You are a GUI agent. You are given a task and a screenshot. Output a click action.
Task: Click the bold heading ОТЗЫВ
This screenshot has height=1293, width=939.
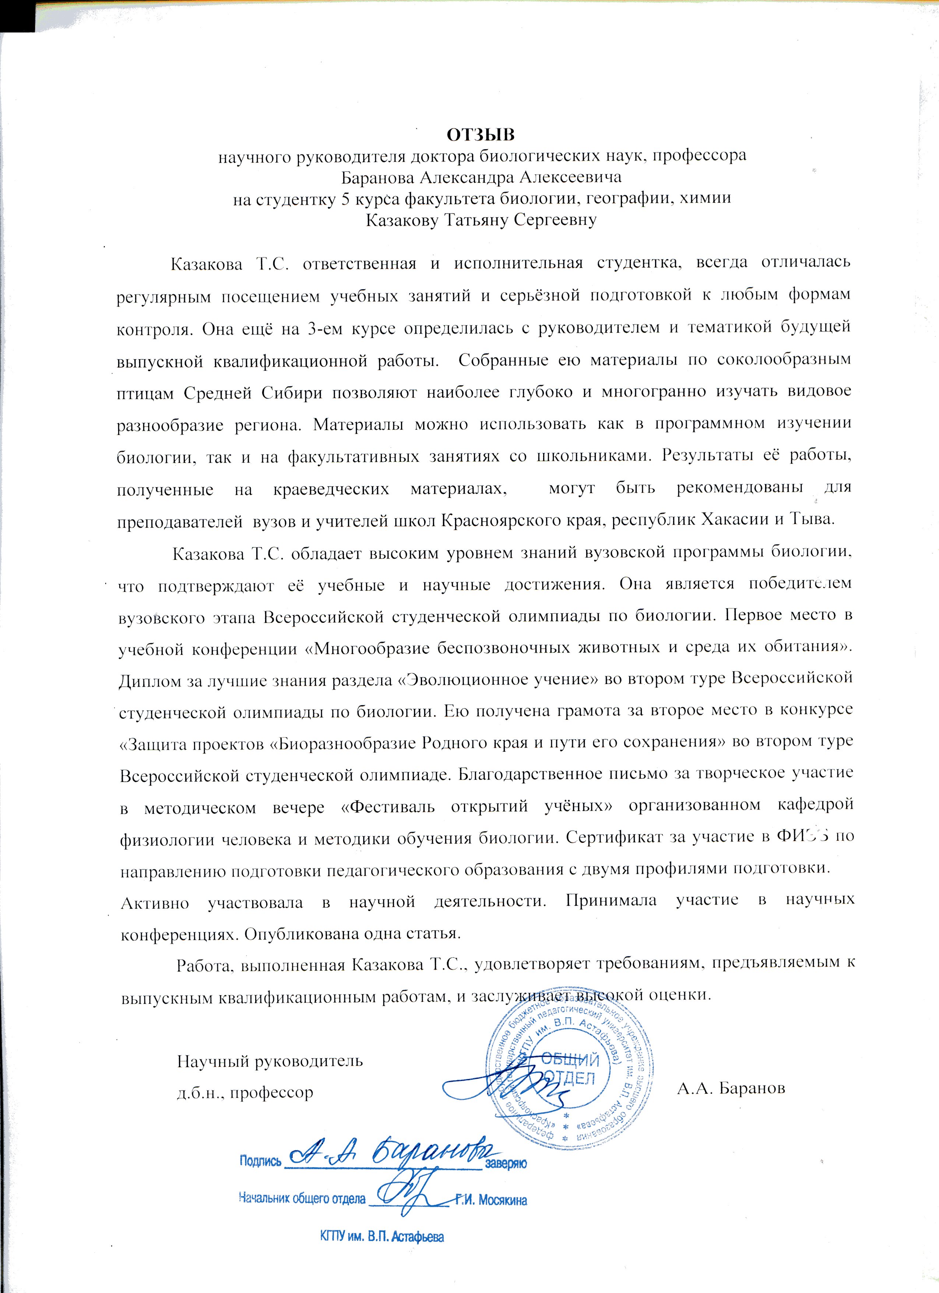coord(480,135)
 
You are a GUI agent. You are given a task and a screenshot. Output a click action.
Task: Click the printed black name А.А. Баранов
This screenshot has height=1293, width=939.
coord(731,1088)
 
